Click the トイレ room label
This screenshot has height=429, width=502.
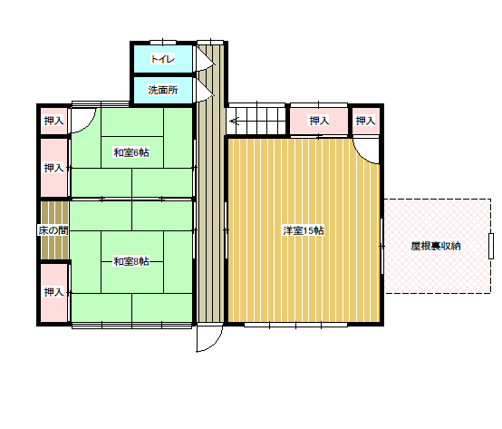pos(162,59)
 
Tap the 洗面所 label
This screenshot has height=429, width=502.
pos(162,90)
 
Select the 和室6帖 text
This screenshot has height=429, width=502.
pos(131,152)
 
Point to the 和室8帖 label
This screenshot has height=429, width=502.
pos(131,261)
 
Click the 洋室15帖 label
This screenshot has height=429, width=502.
pos(304,230)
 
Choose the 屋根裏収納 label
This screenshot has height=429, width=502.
pos(436,246)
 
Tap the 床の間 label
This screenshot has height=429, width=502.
pos(53,230)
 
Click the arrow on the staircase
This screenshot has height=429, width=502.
pos(235,122)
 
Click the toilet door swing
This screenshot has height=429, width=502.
pos(208,68)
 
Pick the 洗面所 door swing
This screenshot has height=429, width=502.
pos(208,98)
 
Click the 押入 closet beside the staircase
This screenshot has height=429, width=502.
pos(319,121)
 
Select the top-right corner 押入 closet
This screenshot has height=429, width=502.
pos(365,121)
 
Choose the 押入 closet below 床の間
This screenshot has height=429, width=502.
pos(53,293)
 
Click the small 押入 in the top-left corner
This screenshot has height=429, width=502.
pos(53,121)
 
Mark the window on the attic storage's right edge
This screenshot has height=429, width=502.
pos(491,246)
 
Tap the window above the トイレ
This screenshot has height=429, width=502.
pos(163,43)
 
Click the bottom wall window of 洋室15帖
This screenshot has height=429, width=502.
pos(295,325)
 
